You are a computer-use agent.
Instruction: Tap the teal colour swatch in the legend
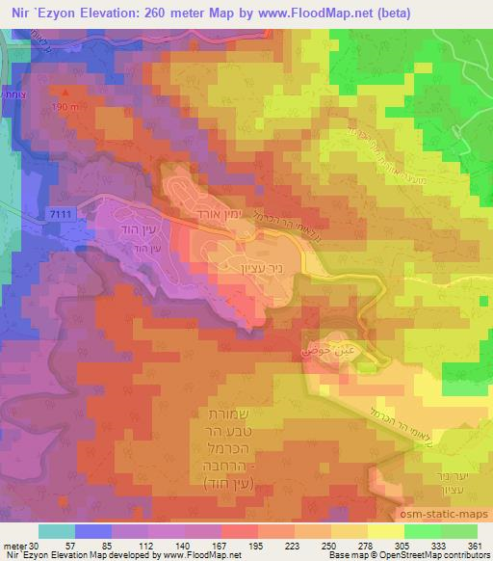57,530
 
